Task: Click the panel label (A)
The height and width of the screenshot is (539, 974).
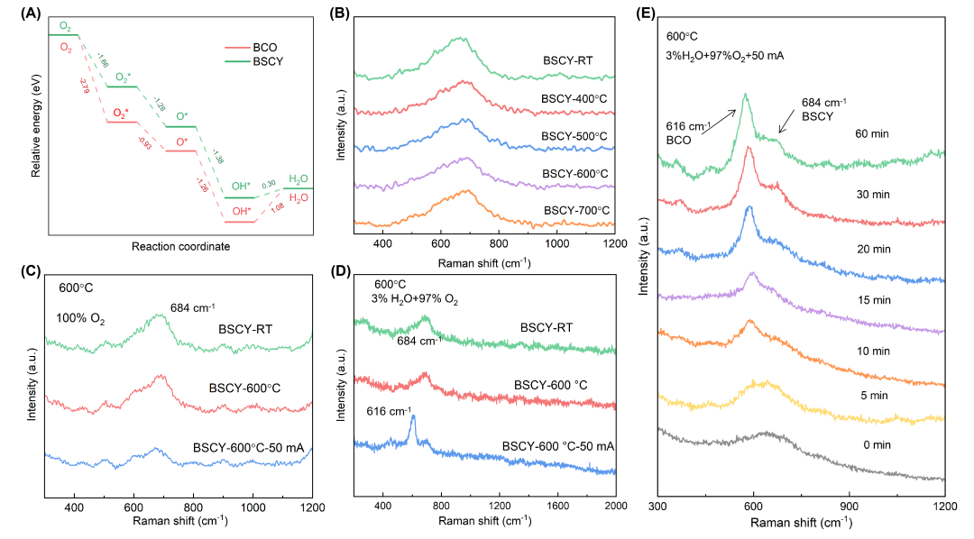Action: point(31,14)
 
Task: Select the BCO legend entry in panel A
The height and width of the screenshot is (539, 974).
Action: point(251,48)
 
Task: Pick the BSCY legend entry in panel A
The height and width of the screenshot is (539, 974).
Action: point(253,61)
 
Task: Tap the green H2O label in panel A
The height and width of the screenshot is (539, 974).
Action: point(299,179)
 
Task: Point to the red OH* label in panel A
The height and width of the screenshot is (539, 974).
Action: point(242,211)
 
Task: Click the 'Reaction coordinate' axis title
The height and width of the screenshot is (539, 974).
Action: point(180,247)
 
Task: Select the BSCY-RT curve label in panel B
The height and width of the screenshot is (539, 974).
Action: point(568,61)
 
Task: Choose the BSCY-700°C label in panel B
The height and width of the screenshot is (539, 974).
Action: point(576,211)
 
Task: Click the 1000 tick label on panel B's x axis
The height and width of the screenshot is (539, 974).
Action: point(556,244)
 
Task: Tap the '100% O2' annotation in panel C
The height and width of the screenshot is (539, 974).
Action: point(81,318)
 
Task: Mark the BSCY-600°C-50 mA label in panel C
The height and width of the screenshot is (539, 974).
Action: point(249,448)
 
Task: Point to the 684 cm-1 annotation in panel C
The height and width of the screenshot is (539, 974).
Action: point(193,307)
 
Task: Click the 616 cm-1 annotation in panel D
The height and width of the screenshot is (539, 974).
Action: point(389,411)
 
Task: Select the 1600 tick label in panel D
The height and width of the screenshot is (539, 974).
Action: point(558,506)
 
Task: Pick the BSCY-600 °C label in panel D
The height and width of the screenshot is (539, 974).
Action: point(550,385)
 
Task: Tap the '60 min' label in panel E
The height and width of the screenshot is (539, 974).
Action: point(872,133)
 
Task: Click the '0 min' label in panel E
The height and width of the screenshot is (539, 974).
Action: point(878,444)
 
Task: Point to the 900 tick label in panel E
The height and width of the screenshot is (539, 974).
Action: point(850,507)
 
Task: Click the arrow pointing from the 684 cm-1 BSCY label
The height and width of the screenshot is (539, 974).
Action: point(787,121)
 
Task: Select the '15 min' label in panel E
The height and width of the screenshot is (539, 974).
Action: point(874,300)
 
